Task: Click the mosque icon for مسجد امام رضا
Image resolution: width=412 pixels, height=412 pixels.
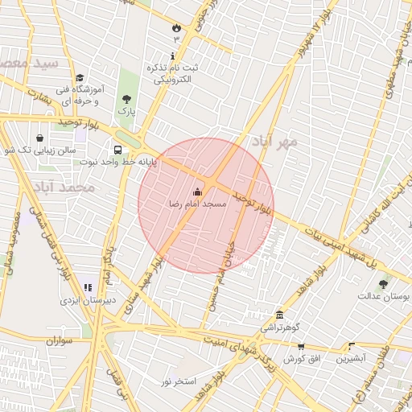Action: [198, 192]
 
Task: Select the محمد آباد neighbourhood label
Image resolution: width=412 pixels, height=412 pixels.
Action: [65, 187]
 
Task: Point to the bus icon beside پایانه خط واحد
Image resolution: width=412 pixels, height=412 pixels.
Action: [119, 150]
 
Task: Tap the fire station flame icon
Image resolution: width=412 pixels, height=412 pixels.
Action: [175, 28]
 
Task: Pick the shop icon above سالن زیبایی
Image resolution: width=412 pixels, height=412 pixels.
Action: [40, 138]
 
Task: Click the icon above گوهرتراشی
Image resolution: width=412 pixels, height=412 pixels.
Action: [279, 315]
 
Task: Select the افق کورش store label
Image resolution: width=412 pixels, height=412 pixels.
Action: [303, 356]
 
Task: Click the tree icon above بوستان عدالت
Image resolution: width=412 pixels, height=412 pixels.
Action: [383, 284]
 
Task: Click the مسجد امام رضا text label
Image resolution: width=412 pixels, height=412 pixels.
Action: [198, 204]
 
